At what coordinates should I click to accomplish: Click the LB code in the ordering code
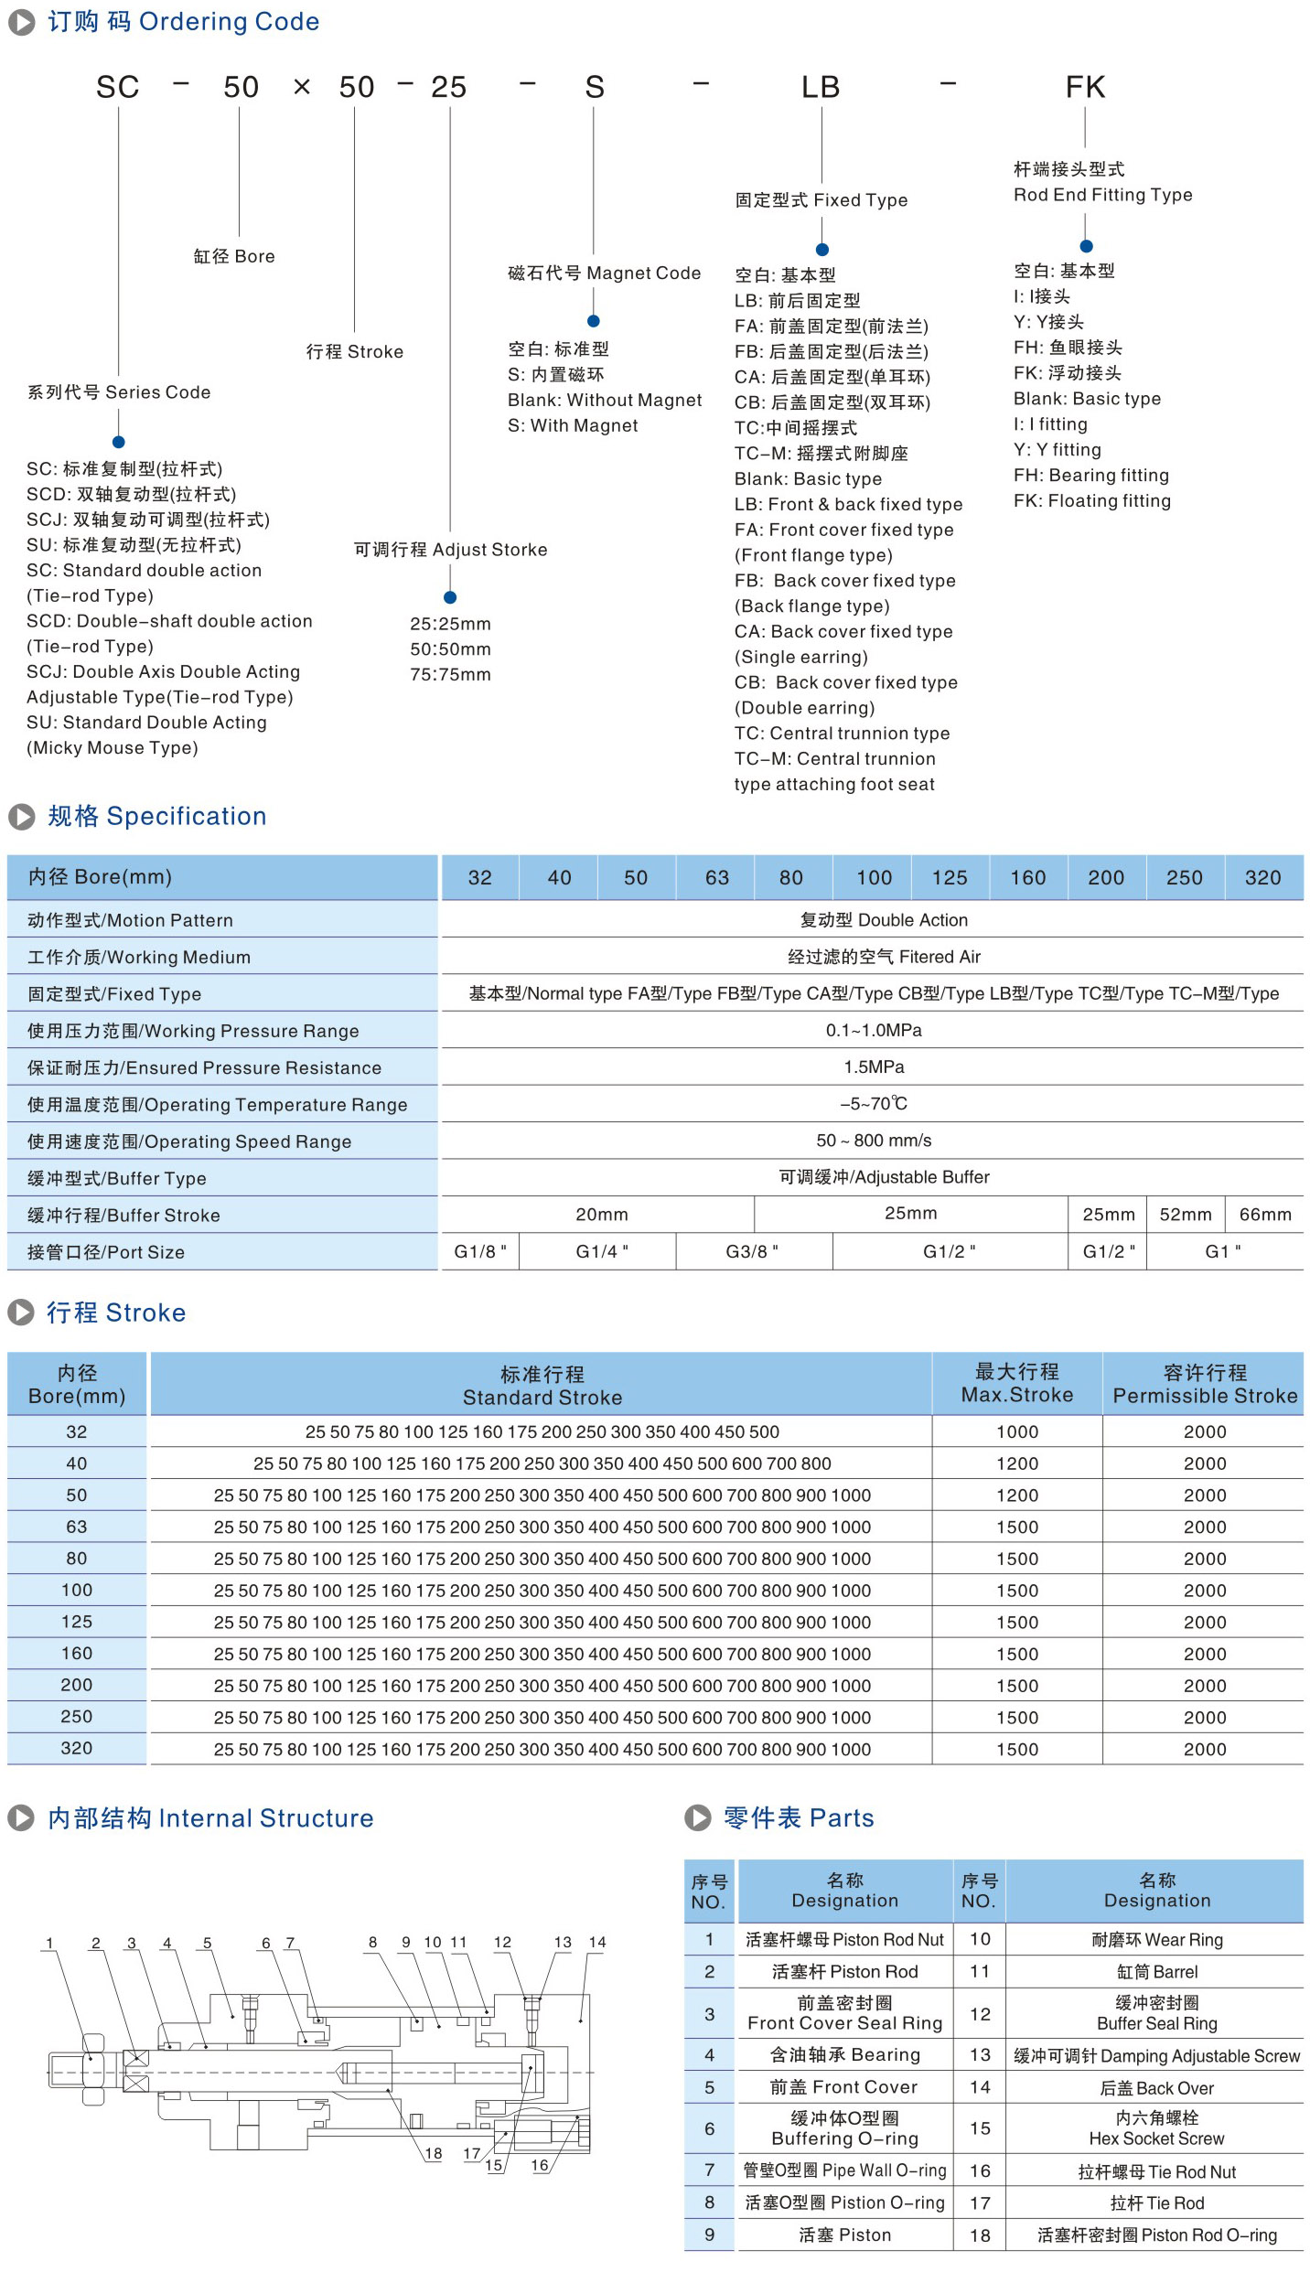[x=820, y=87]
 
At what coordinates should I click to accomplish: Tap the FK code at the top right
[x=1085, y=87]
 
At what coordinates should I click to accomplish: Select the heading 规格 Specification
[x=156, y=816]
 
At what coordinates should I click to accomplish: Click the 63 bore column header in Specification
[x=716, y=878]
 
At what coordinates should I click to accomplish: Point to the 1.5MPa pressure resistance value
[x=873, y=1067]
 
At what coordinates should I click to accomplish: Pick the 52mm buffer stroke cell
[x=1185, y=1215]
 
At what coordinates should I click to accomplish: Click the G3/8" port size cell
[x=752, y=1251]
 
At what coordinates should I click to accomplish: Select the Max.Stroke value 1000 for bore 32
[x=1016, y=1431]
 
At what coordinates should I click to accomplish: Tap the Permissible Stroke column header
[x=1204, y=1384]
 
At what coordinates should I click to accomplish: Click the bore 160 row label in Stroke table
[x=77, y=1653]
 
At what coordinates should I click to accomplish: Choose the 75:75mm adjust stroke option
[x=450, y=674]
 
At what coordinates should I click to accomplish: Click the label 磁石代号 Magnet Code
[x=604, y=273]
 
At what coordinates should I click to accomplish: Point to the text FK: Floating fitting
[x=1091, y=500]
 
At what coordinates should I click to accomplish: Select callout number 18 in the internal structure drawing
[x=434, y=2153]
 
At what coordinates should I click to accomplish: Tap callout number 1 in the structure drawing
[x=50, y=1943]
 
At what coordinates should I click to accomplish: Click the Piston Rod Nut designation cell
[x=844, y=1939]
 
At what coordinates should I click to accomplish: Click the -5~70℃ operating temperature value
[x=873, y=1104]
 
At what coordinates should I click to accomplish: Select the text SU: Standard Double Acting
[x=146, y=723]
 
